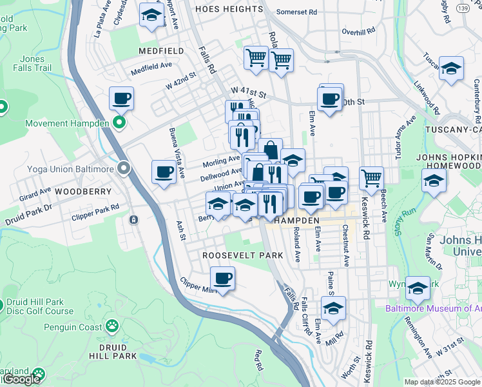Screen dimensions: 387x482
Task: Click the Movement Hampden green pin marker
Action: (x=119, y=123)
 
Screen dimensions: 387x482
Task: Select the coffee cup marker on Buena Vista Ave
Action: (x=164, y=173)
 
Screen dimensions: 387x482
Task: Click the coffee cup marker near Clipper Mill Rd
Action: (x=222, y=279)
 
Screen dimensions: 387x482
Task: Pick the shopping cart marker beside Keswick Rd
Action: (x=371, y=178)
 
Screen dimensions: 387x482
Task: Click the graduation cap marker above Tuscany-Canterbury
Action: (x=451, y=68)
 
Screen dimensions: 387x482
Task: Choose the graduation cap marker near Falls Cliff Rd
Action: (x=333, y=309)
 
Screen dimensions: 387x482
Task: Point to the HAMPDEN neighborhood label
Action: (x=297, y=221)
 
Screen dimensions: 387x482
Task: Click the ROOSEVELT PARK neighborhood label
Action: (x=242, y=255)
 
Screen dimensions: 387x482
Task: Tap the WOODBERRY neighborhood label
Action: (x=82, y=192)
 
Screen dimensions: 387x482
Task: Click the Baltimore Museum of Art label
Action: (x=432, y=308)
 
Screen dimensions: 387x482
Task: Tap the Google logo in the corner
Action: (x=21, y=379)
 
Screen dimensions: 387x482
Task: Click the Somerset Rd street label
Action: (x=296, y=12)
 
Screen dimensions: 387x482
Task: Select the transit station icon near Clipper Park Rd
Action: (x=133, y=219)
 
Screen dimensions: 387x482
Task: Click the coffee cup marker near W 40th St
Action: (x=329, y=100)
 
